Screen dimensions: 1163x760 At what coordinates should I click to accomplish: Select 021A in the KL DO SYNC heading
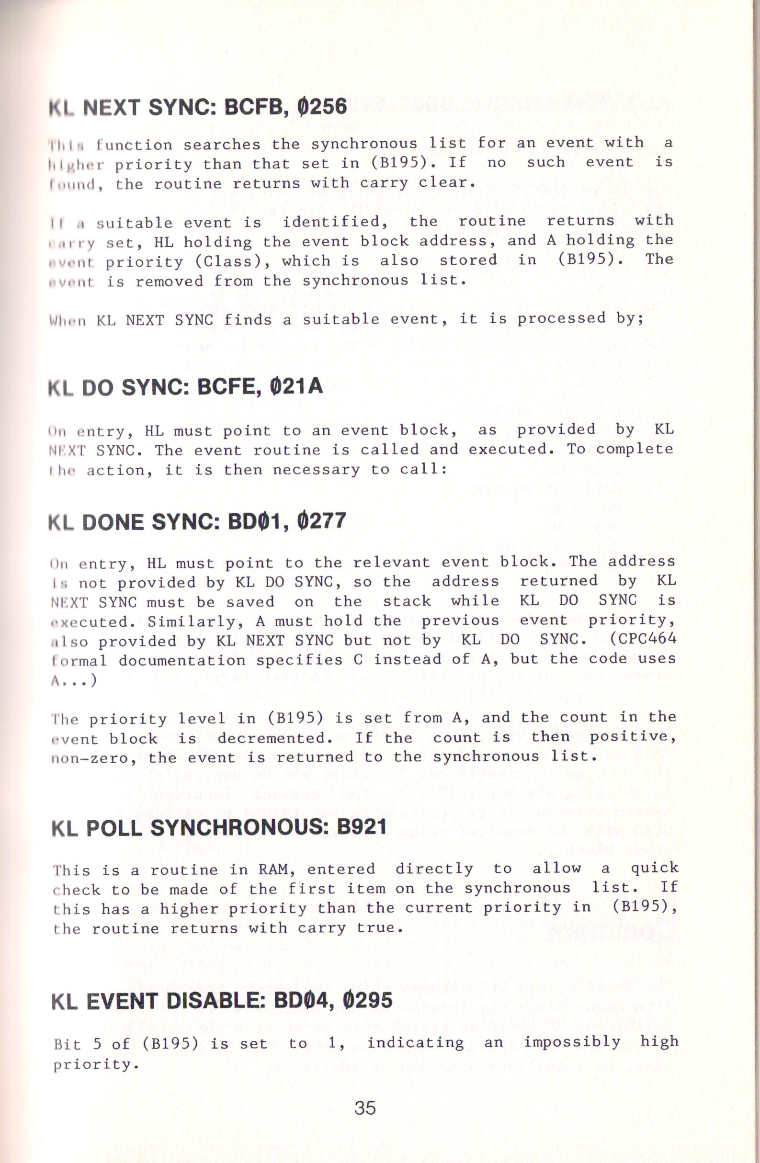pos(295,387)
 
